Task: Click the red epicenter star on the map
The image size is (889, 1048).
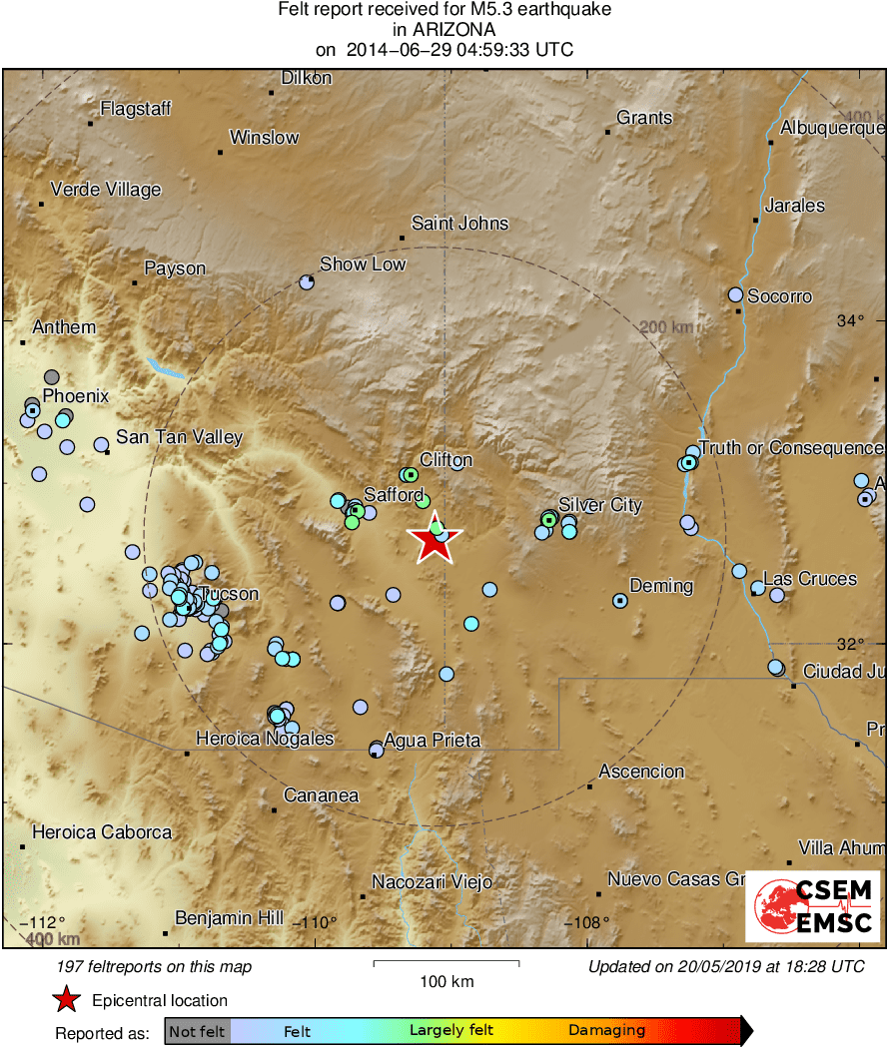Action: tap(436, 541)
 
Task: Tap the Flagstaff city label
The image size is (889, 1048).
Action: tap(136, 110)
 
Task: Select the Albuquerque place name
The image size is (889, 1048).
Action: tap(832, 128)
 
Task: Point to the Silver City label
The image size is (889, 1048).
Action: tap(599, 505)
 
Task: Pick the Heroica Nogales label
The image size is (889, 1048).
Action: tap(264, 740)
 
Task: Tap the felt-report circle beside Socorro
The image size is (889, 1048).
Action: tap(736, 294)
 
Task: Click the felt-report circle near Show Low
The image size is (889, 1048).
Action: tap(307, 282)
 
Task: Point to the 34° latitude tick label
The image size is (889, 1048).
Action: tap(850, 321)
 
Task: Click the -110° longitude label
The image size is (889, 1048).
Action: tap(319, 922)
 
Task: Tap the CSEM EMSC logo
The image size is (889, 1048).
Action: tap(812, 905)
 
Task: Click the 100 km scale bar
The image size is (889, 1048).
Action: tap(446, 963)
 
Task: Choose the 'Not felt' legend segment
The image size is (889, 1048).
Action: tap(197, 1031)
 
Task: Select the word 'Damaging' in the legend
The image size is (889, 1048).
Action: tap(606, 1031)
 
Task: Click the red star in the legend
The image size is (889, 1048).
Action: tap(66, 1000)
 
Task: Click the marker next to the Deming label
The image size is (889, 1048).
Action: tap(619, 601)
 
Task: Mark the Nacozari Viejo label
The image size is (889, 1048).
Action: tap(432, 882)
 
